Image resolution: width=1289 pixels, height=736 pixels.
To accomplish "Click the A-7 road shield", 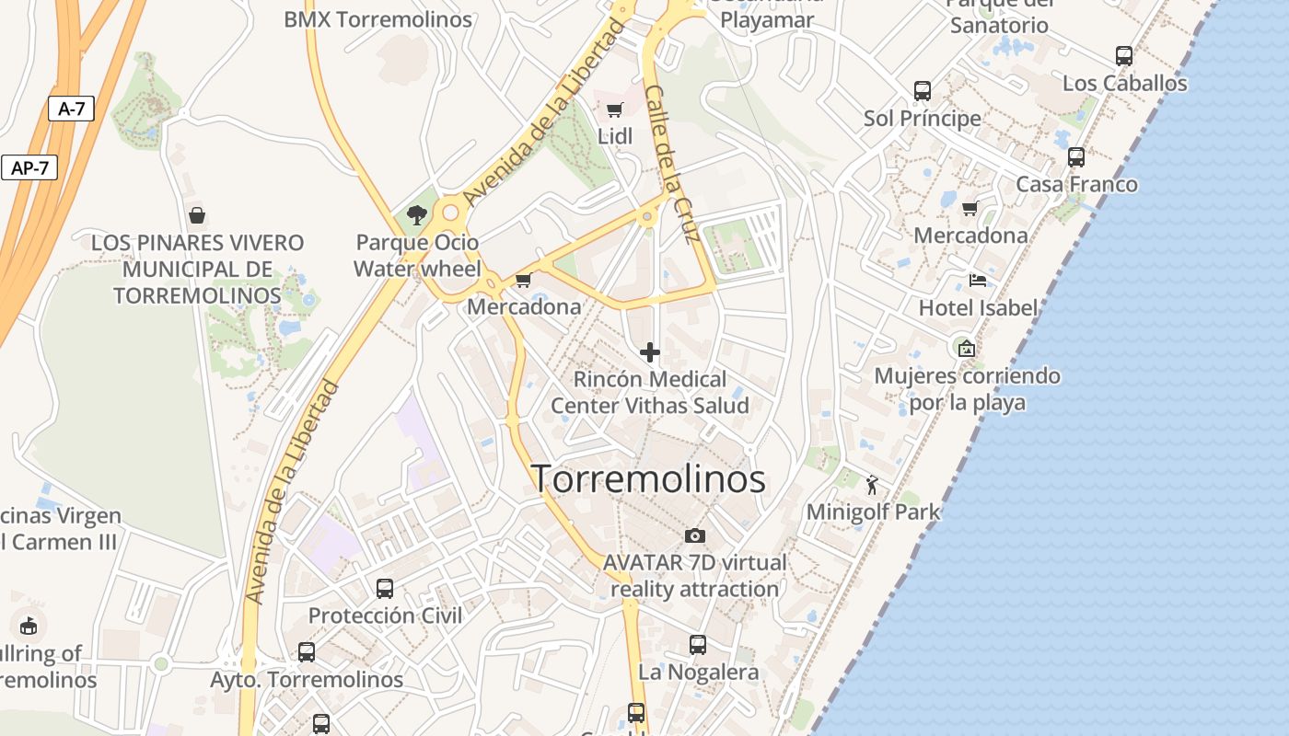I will [x=71, y=109].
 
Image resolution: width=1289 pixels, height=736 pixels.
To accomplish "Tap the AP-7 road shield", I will [x=29, y=168].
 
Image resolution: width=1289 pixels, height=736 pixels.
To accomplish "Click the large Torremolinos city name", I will [x=648, y=479].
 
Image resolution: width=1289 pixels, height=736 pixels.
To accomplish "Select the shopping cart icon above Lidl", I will [x=614, y=110].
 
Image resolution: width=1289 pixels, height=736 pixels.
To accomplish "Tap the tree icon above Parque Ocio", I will [x=416, y=215].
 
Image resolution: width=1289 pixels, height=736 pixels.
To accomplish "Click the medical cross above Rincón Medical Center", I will [x=650, y=351].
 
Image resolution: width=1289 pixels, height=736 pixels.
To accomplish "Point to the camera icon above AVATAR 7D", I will [x=695, y=535].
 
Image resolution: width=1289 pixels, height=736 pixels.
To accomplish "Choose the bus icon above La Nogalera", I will [x=698, y=645].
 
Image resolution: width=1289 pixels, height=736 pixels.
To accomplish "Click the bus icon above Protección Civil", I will [x=385, y=588].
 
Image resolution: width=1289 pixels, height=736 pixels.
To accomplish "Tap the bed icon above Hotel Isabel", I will [x=978, y=280].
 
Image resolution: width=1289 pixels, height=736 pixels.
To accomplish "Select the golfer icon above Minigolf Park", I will [x=872, y=484].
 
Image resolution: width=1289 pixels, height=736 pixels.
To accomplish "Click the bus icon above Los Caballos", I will [x=1124, y=55].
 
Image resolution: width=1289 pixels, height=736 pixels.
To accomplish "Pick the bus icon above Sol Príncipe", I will [x=923, y=91].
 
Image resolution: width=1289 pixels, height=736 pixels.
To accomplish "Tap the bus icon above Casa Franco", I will [x=1076, y=156].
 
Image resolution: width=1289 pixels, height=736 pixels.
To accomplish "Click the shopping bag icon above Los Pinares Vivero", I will [x=196, y=215].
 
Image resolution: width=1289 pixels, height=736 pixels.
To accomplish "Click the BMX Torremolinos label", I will [x=377, y=19].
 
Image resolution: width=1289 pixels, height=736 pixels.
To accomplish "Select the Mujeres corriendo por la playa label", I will [x=967, y=389].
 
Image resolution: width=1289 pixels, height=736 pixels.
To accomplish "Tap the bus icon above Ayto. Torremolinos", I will [x=307, y=652].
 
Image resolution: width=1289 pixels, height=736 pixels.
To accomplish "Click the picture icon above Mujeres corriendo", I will [x=966, y=348].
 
